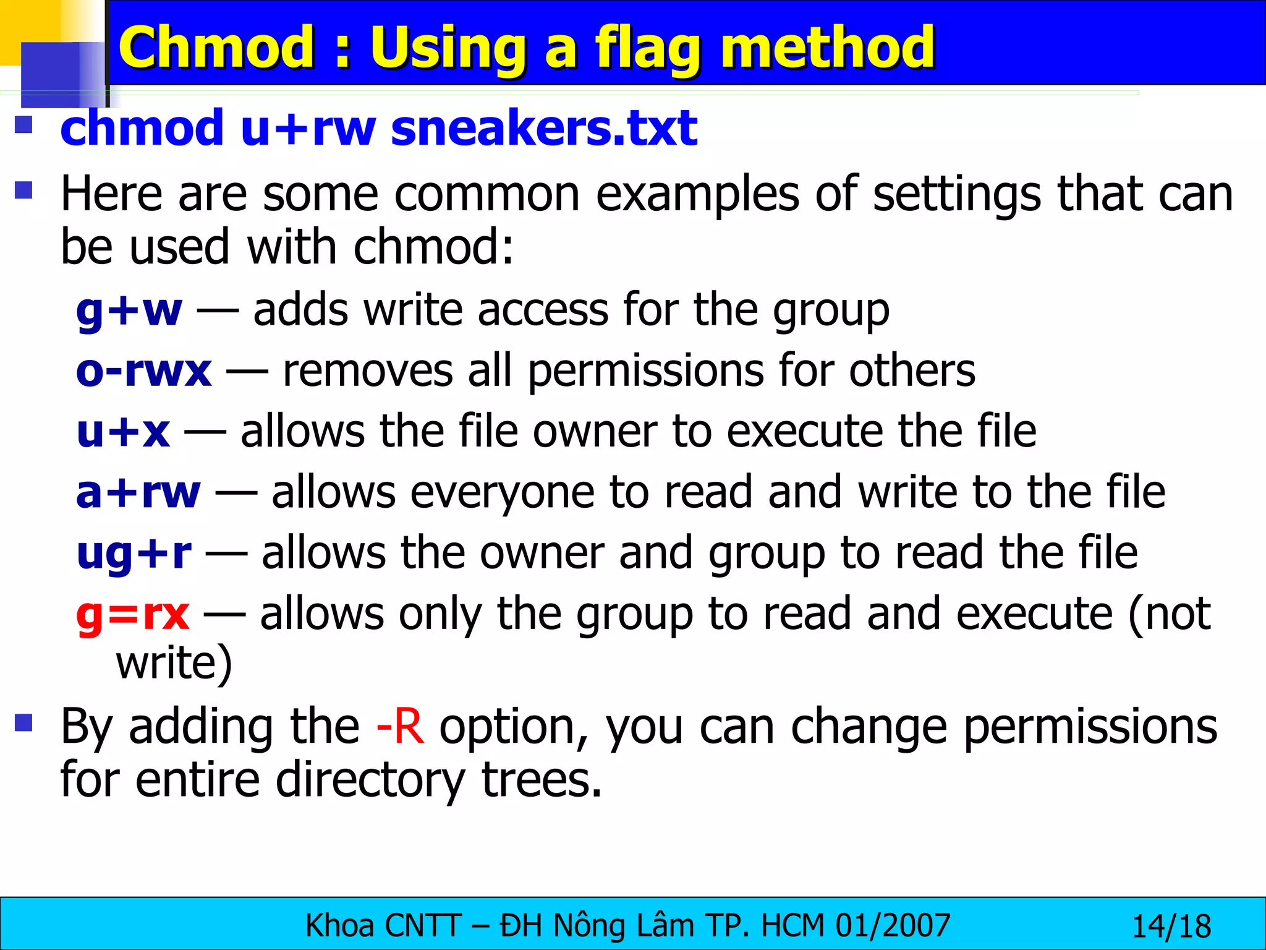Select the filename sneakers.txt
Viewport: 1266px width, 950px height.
(x=544, y=129)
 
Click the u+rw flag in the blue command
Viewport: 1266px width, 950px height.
(x=308, y=129)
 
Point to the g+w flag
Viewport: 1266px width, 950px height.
(x=129, y=310)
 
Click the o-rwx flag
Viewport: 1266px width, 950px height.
(x=143, y=371)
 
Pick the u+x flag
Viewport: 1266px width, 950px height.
(x=123, y=432)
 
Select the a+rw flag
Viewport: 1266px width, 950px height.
(x=138, y=492)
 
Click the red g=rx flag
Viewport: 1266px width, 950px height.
(x=132, y=614)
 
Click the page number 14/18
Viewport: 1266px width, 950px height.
(x=1171, y=926)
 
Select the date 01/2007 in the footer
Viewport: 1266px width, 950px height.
(x=893, y=926)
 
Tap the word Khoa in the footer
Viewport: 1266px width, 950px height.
(x=340, y=926)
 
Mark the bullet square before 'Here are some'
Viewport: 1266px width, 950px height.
(x=23, y=190)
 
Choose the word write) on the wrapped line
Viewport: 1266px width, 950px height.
(x=174, y=663)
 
